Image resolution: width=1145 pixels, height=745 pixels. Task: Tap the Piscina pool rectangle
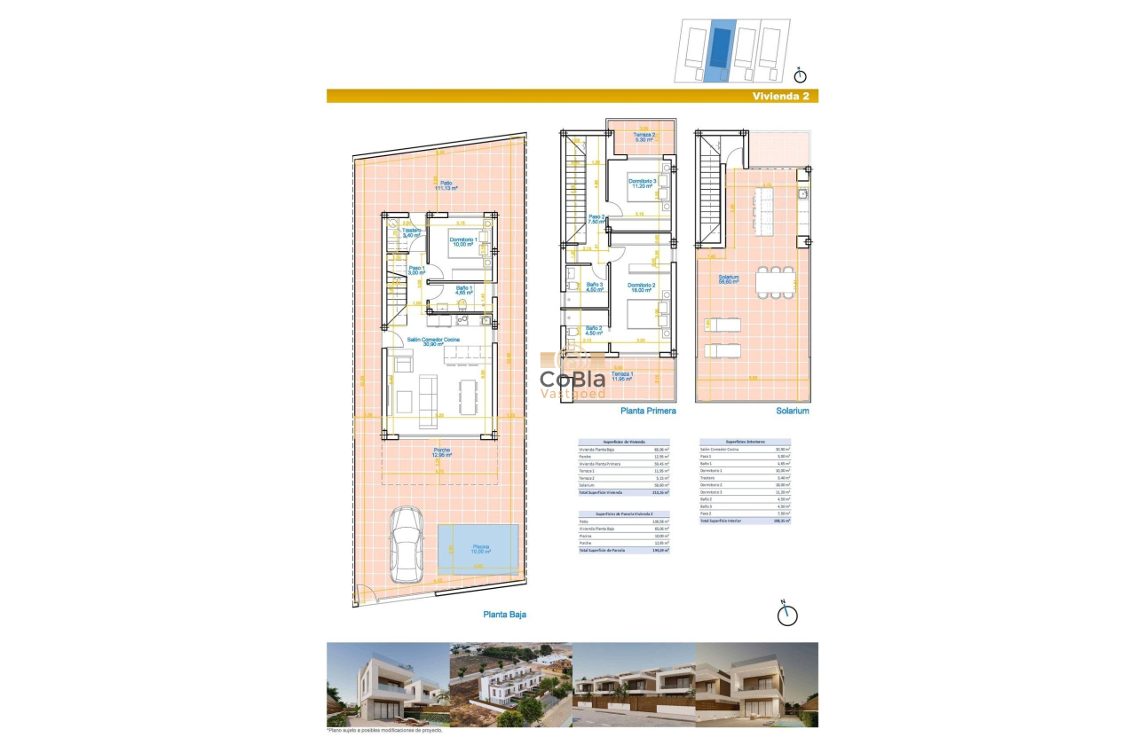point(478,548)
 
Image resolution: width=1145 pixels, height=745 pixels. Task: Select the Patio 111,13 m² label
point(446,185)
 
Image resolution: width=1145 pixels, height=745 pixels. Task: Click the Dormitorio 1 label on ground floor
point(463,242)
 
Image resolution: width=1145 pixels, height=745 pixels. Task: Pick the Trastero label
point(411,233)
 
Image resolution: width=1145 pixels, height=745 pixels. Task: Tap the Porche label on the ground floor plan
point(441,452)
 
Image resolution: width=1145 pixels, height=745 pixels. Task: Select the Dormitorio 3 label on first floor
point(643,184)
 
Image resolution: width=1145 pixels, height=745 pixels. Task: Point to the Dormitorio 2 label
point(643,287)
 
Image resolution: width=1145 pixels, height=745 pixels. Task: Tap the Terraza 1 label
point(622,376)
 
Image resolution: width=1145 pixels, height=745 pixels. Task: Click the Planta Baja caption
point(504,614)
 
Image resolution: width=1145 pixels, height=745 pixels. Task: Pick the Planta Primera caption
point(648,412)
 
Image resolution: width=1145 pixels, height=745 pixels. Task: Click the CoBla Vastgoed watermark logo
point(573,379)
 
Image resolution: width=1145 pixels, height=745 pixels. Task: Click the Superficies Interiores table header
point(745,441)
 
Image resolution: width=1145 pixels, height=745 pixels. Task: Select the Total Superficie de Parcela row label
point(602,551)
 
